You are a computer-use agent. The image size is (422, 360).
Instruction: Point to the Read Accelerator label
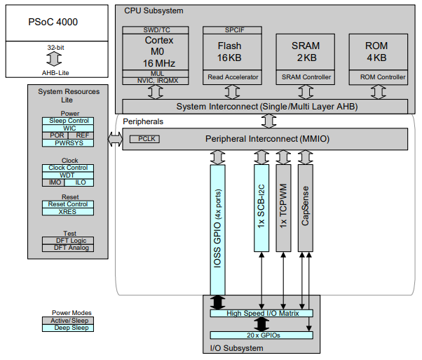[x=233, y=76]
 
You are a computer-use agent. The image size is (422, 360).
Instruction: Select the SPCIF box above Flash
[x=233, y=30]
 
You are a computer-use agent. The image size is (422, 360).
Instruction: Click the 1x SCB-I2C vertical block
[x=261, y=208]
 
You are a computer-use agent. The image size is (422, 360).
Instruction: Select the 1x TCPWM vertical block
[x=283, y=208]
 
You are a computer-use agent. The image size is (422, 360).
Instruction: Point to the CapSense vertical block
[x=306, y=208]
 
